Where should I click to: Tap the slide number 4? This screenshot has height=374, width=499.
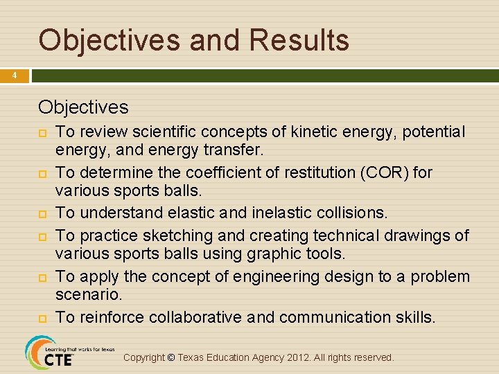tap(14, 75)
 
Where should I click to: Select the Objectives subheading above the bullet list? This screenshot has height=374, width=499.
tap(83, 107)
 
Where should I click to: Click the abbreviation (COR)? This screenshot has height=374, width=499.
tap(384, 172)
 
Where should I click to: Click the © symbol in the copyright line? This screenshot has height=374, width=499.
tap(172, 357)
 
